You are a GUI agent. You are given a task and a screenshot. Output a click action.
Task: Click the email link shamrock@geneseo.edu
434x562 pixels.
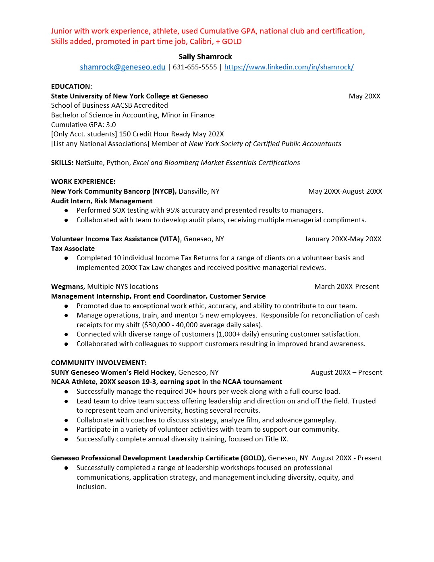pos(123,67)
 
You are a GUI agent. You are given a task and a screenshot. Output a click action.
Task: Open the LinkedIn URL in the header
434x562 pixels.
pos(289,67)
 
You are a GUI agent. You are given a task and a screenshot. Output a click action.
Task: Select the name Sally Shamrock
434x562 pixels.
pos(205,56)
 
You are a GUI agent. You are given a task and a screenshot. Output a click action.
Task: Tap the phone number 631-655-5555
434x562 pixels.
pos(195,67)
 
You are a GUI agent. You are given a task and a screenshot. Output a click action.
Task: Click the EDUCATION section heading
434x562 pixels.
pos(71,86)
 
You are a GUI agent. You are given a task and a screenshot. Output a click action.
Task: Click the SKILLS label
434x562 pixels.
pos(62,163)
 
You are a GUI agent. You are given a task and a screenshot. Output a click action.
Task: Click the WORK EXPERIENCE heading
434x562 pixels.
pos(83,182)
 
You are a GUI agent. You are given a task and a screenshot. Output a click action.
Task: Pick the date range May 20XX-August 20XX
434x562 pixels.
pos(345,191)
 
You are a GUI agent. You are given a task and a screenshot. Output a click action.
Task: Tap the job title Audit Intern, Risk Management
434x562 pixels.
pos(102,201)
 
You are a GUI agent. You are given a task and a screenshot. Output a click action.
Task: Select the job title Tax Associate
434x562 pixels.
pos(73,249)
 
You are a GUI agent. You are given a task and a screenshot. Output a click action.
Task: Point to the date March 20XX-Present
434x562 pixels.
pos(347,286)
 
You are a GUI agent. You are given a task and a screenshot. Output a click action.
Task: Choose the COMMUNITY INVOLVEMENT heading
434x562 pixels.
pos(99,363)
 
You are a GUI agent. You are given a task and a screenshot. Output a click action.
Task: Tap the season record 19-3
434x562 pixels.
pos(149,382)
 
